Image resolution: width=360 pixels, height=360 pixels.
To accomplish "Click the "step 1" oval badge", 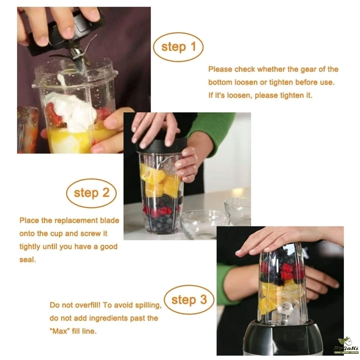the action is (x=178, y=47).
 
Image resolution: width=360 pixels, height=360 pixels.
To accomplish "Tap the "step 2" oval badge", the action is (x=91, y=193).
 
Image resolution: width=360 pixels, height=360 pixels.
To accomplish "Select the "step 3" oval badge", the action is (x=189, y=300).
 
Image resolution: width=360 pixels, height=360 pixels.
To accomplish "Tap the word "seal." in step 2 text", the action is (x=27, y=260).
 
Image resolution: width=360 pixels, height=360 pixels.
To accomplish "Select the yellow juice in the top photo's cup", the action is (x=69, y=141).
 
